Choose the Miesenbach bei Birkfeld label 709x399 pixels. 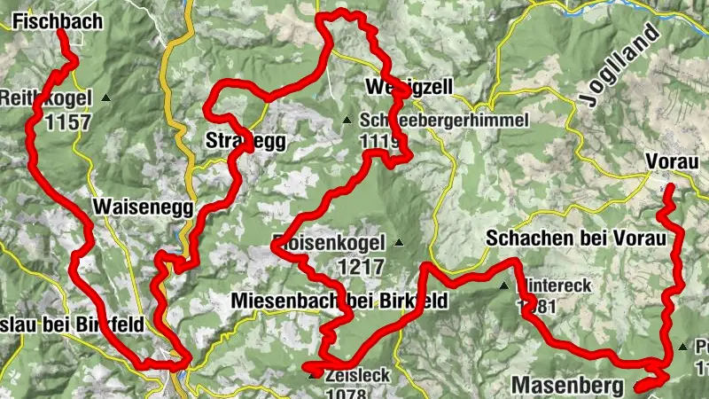point(339,302)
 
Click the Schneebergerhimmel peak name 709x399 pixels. point(444,120)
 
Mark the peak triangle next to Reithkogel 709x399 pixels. point(105,97)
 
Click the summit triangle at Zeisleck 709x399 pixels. point(312,375)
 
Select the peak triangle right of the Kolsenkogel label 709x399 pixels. point(399,242)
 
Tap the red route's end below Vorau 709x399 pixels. point(669,187)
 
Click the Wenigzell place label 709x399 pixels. point(409,87)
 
